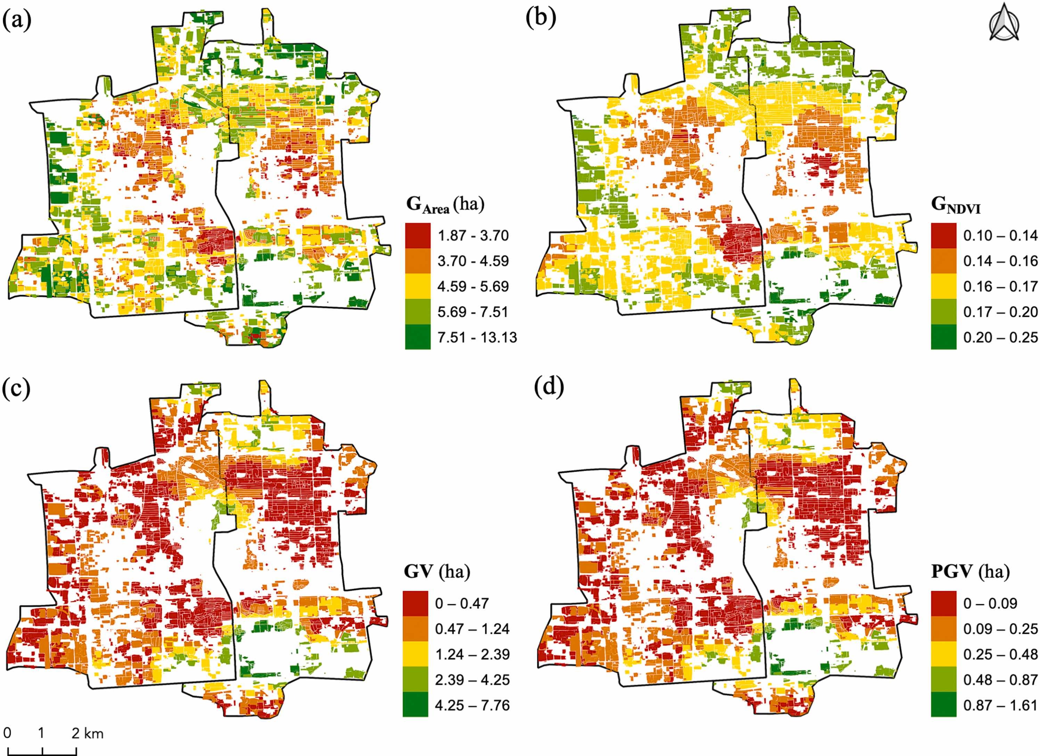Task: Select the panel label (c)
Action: (17, 388)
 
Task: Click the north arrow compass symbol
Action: (1004, 23)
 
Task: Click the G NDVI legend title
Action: (956, 205)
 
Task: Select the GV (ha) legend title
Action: (437, 572)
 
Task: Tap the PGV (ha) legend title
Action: (970, 572)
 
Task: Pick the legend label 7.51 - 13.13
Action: (477, 337)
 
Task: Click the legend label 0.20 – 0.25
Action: (1000, 337)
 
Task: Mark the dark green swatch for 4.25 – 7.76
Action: (415, 705)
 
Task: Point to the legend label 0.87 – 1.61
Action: (1000, 705)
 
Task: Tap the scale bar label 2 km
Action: (88, 733)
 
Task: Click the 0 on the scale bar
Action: (7, 733)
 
